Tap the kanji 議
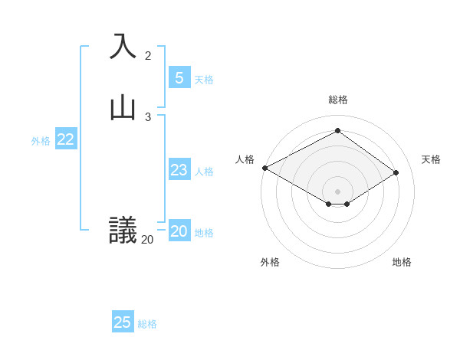tap(123, 230)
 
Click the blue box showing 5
tap(179, 77)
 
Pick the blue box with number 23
tap(179, 170)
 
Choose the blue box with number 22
tap(65, 139)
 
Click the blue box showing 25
tap(122, 322)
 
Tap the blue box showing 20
tap(179, 231)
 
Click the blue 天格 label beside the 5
tap(204, 80)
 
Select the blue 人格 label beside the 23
tap(204, 172)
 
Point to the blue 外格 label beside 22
tap(41, 141)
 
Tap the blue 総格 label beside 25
tap(147, 324)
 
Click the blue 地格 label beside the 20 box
tap(204, 233)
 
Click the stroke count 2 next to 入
tap(148, 55)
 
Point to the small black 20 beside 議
tap(147, 240)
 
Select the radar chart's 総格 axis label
tap(338, 100)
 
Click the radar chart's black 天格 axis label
tap(431, 159)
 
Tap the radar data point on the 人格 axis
tap(264, 168)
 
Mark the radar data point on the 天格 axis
tap(396, 172)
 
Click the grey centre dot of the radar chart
tap(338, 191)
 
